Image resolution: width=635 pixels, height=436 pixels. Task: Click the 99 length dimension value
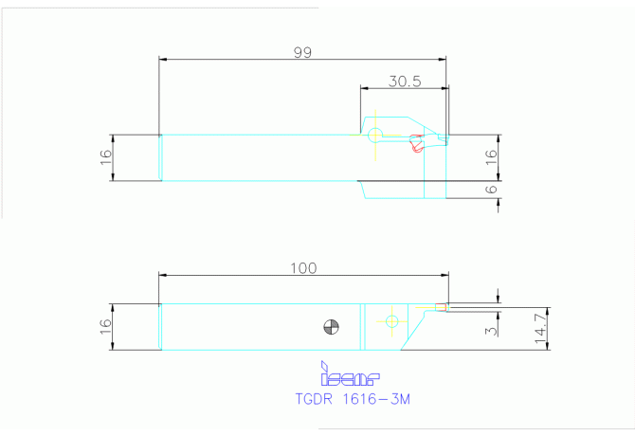302,53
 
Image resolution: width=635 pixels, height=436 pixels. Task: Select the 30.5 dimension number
404,82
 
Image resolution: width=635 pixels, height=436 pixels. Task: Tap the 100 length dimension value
303,268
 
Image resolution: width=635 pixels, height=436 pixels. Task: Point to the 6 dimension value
491,190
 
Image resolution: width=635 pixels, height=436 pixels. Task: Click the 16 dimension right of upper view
491,157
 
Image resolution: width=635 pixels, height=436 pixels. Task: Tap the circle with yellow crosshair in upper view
376,135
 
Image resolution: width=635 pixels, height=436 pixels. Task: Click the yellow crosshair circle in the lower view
391,322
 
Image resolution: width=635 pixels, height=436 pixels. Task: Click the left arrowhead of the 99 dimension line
163,60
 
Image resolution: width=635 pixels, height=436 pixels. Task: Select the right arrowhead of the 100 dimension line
444,276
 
